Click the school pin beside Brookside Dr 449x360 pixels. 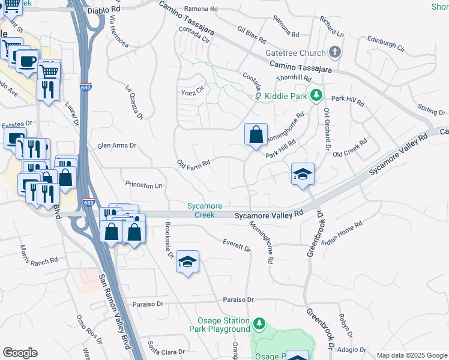188,262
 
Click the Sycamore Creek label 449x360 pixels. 200,210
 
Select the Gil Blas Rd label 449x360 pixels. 252,34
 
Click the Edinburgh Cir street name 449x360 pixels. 386,46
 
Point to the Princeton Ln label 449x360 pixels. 143,185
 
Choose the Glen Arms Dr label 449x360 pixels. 117,145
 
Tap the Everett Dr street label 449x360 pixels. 236,245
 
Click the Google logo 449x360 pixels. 20,353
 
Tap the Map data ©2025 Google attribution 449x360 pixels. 411,355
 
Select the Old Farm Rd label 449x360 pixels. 193,164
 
